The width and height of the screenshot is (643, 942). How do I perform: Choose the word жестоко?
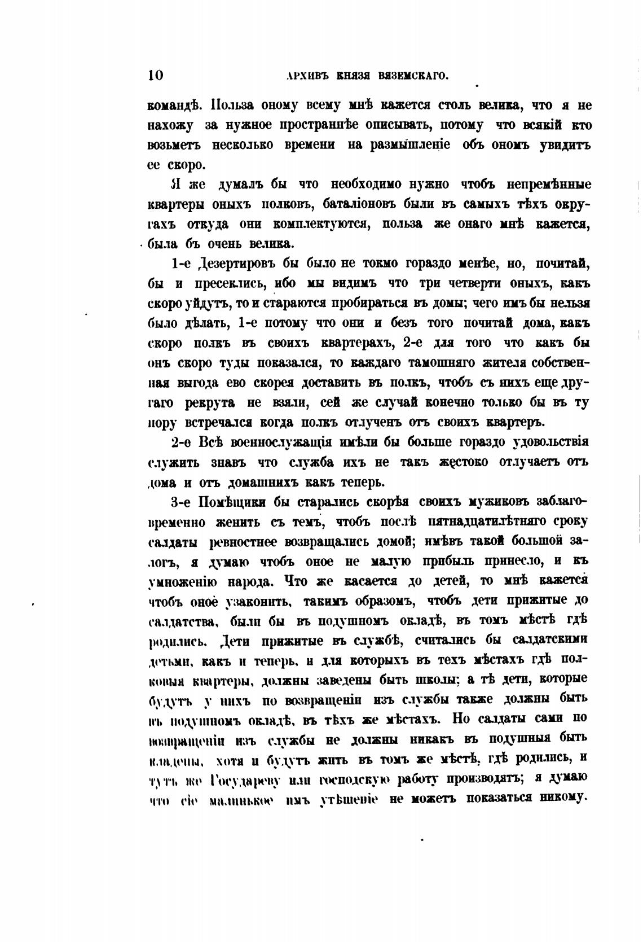pos(464,462)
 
